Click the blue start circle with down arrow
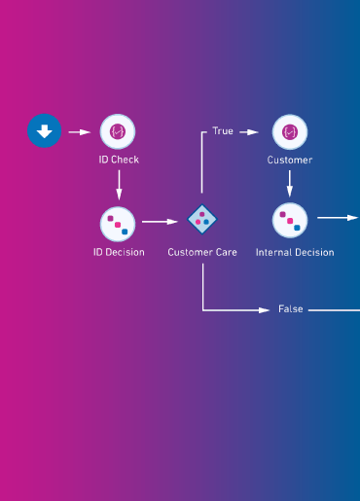point(44,130)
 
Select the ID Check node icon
point(118,131)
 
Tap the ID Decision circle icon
point(118,224)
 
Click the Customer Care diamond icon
point(202,219)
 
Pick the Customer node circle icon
point(290,132)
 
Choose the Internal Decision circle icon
point(290,220)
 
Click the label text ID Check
point(119,160)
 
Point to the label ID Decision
point(119,252)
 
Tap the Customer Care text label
point(202,252)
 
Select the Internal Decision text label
point(295,252)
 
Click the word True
point(223,131)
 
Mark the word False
point(291,309)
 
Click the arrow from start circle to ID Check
point(80,132)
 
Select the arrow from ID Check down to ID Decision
point(119,185)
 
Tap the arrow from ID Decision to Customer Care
point(160,222)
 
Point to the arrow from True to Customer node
point(249,132)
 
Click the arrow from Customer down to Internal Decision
point(290,184)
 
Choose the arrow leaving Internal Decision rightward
point(338,218)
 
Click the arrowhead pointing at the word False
point(264,310)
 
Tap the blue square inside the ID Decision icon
point(125,232)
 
